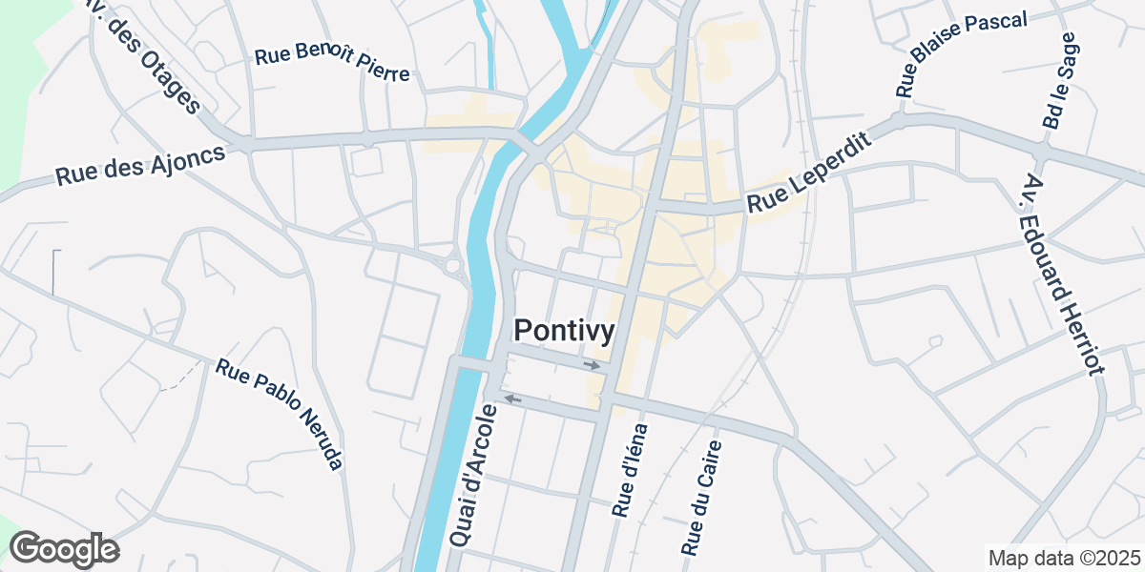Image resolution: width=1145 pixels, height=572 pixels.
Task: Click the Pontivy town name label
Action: pos(564,330)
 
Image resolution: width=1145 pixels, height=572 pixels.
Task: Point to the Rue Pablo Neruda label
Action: pos(279,414)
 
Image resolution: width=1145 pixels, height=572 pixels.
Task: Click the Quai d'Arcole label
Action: pos(473,476)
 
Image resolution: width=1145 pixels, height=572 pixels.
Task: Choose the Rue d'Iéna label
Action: pos(631,470)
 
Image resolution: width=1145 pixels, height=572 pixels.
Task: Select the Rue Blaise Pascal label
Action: pos(961,54)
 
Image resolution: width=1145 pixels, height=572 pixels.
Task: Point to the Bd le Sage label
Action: pos(1059,81)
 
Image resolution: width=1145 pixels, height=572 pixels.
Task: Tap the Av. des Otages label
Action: pos(143,57)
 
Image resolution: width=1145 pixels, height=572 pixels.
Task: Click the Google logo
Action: pos(64,550)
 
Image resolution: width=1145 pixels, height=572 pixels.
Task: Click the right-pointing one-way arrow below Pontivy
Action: pos(593,365)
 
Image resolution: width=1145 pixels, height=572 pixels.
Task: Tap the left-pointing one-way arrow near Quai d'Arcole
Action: pos(512,398)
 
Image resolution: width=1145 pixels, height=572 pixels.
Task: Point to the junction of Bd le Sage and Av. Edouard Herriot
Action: pos(1042,153)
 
